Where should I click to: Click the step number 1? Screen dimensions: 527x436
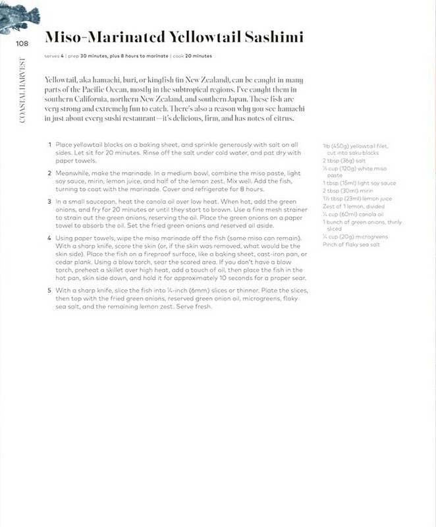[49, 144]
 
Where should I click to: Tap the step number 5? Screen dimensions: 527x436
[49, 290]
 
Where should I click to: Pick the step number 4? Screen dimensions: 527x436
[49, 236]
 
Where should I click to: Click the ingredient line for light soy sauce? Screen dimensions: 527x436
[358, 183]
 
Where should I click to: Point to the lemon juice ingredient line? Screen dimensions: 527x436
[356, 198]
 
